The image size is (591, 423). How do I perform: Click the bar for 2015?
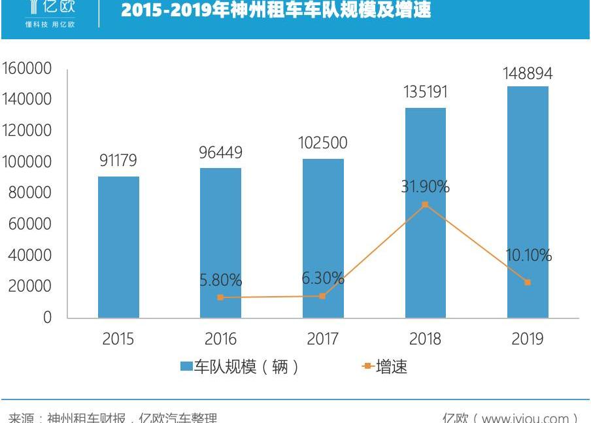click(118, 247)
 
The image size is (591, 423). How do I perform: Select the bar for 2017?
click(323, 238)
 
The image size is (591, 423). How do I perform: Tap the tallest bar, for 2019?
click(528, 202)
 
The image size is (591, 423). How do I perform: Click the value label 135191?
click(425, 92)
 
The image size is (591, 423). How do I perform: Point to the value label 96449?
click(220, 152)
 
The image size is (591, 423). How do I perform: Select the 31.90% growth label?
click(425, 187)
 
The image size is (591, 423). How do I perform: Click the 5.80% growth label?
click(220, 281)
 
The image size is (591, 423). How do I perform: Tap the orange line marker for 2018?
click(425, 205)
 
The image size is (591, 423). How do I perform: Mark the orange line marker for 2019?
click(528, 282)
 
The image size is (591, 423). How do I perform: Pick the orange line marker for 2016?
click(220, 297)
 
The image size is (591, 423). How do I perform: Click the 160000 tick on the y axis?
click(26, 69)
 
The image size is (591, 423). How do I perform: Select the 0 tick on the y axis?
click(47, 318)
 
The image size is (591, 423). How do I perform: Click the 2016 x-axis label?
click(220, 339)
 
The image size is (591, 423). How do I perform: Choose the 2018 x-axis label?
click(425, 339)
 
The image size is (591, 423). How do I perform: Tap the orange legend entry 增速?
click(386, 367)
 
